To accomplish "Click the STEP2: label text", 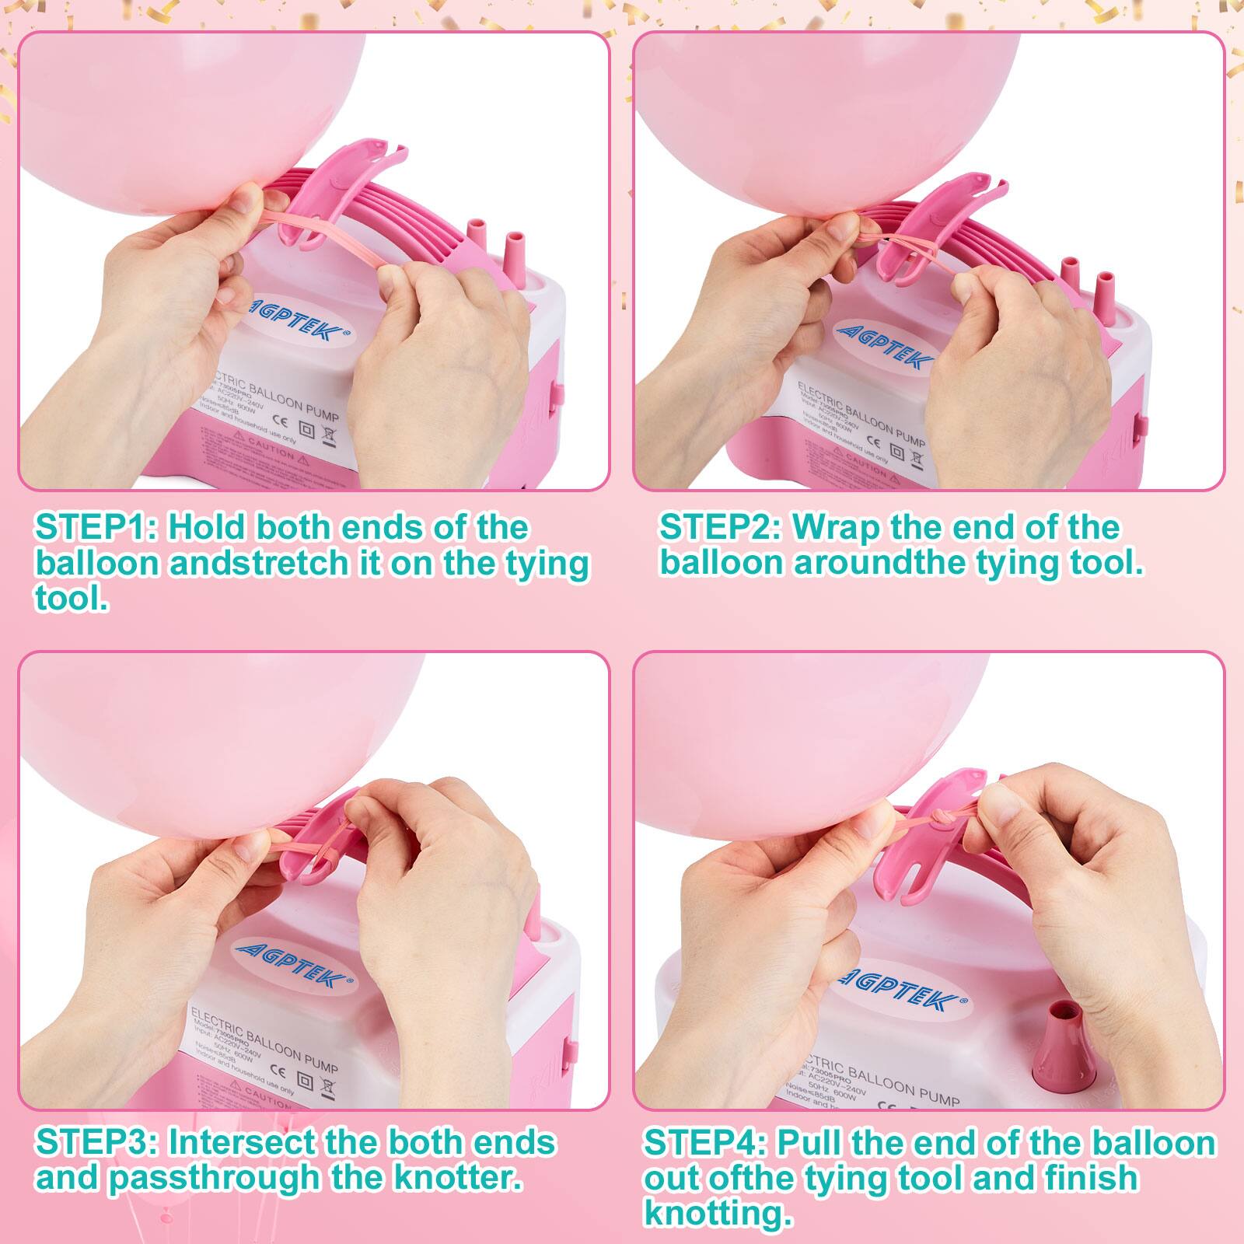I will (x=719, y=527).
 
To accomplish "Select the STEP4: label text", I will (x=704, y=1144).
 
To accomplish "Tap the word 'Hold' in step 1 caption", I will (x=206, y=527).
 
